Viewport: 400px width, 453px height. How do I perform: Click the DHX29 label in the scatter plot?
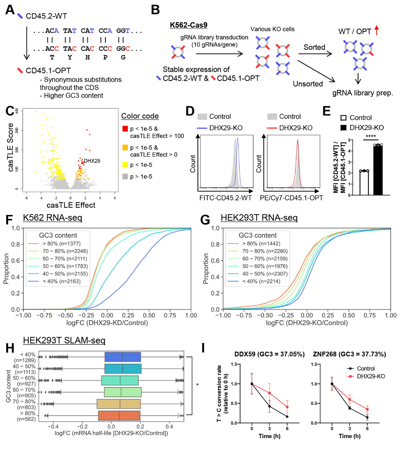point(92,161)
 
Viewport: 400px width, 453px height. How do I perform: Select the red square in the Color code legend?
point(125,129)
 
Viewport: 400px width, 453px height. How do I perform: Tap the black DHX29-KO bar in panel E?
point(378,170)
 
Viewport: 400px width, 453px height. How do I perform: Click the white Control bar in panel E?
point(364,183)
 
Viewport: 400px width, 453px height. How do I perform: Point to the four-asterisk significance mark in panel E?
point(371,136)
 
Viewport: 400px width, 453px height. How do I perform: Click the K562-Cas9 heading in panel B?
point(188,25)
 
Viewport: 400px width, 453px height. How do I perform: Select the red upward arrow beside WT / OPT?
point(377,30)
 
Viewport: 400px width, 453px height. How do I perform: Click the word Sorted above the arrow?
point(314,47)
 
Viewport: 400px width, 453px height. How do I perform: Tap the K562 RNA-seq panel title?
point(53,218)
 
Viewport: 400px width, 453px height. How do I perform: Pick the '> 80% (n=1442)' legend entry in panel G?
point(254,243)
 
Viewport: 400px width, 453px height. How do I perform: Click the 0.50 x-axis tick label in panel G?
point(349,315)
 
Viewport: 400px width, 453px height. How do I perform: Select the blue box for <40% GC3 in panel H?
point(123,357)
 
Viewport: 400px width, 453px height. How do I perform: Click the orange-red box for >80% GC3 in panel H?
point(119,415)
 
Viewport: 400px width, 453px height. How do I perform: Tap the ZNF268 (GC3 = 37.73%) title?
point(349,354)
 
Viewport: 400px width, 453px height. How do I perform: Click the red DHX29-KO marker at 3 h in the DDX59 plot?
point(269,393)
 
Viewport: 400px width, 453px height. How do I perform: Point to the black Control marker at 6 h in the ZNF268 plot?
point(367,417)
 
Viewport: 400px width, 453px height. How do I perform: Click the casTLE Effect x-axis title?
point(71,205)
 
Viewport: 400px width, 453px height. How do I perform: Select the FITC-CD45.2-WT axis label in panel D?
point(226,198)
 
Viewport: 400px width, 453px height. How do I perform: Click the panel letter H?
point(10,348)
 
